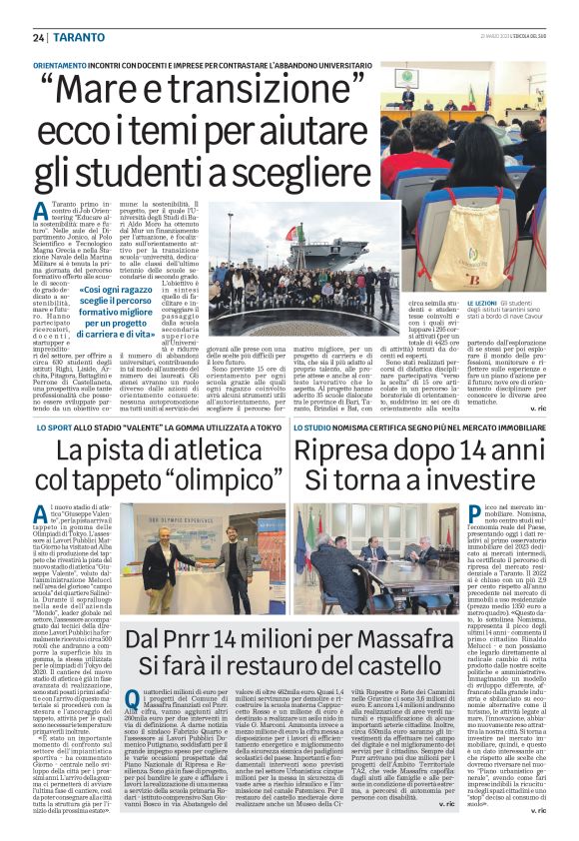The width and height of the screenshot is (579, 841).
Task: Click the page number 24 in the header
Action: pyautogui.click(x=39, y=37)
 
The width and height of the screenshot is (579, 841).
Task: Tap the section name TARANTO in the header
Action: pyautogui.click(x=75, y=37)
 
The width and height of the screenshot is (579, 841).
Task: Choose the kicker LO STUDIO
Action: pyautogui.click(x=315, y=425)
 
